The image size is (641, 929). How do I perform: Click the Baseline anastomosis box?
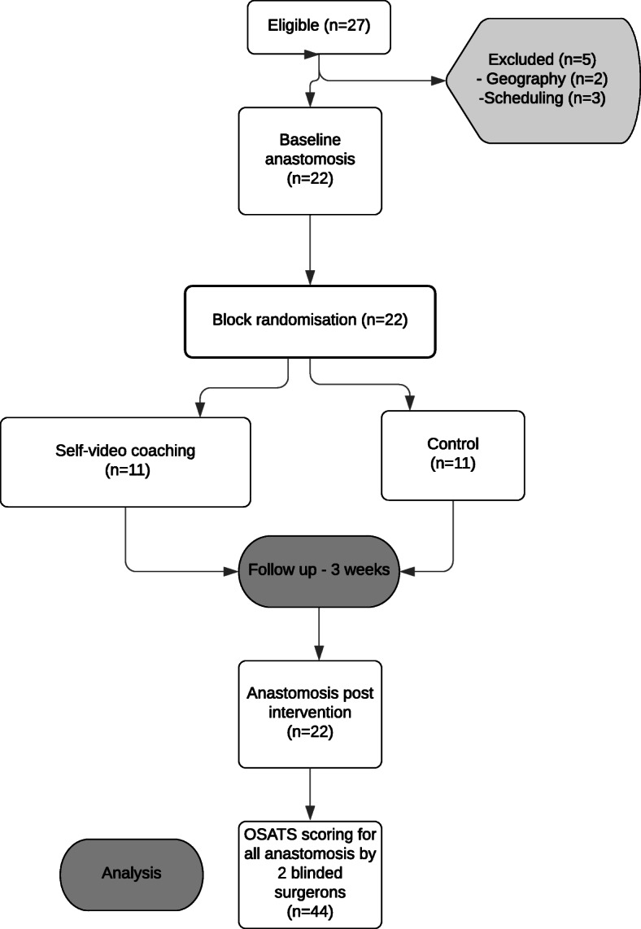[x=310, y=161]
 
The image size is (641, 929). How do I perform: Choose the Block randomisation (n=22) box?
[x=309, y=321]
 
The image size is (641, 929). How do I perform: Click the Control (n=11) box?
[x=452, y=454]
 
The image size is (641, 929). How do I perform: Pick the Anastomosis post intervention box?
[x=310, y=713]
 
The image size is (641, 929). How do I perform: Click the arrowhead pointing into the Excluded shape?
[x=440, y=81]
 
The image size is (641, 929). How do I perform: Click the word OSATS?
[x=264, y=833]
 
